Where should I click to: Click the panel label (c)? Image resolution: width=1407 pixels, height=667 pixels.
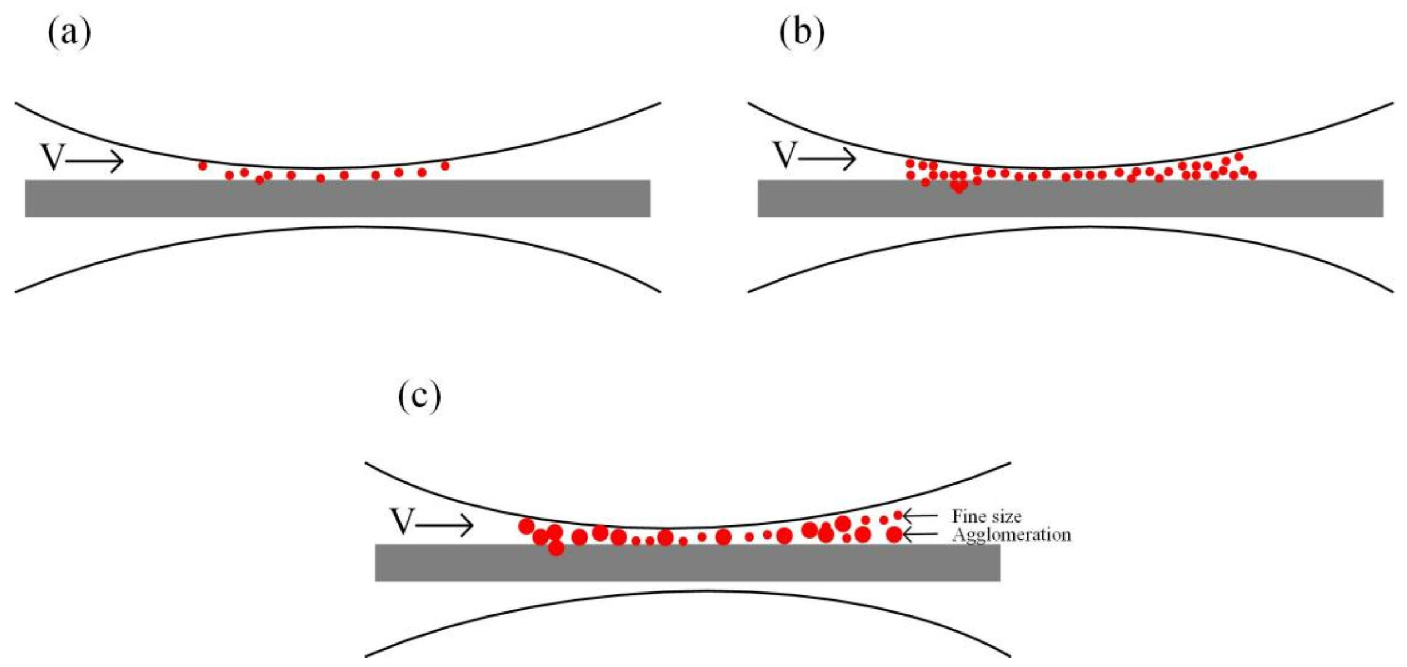pyautogui.click(x=419, y=395)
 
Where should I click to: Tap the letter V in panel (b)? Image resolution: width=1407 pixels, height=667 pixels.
pyautogui.click(x=785, y=155)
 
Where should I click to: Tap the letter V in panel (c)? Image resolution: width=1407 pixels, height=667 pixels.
pyautogui.click(x=402, y=521)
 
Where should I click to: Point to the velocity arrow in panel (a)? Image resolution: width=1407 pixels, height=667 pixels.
pyautogui.click(x=95, y=162)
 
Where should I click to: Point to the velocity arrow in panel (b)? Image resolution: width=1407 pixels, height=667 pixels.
pyautogui.click(x=827, y=159)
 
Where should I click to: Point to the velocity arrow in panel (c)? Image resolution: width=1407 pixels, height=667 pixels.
pyautogui.click(x=445, y=525)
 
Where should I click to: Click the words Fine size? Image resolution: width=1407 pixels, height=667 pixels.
pyautogui.click(x=987, y=516)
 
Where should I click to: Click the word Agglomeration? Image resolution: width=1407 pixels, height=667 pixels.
pyautogui.click(x=1011, y=535)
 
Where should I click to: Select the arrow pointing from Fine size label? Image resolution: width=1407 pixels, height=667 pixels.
pyautogui.click(x=921, y=516)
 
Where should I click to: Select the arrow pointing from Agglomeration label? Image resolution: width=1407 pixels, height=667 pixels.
pyautogui.click(x=921, y=535)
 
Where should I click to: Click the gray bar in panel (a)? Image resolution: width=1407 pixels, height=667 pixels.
pyautogui.click(x=337, y=198)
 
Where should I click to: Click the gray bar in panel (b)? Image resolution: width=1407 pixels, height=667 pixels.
pyautogui.click(x=1070, y=198)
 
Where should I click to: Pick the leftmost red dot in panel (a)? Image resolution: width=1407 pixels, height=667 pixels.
pyautogui.click(x=202, y=166)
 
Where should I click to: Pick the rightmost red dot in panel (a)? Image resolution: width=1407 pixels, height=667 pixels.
pyautogui.click(x=445, y=166)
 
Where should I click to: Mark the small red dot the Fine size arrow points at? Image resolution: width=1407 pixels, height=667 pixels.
pyautogui.click(x=898, y=515)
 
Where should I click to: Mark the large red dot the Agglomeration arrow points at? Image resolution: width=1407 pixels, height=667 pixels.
pyautogui.click(x=894, y=535)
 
